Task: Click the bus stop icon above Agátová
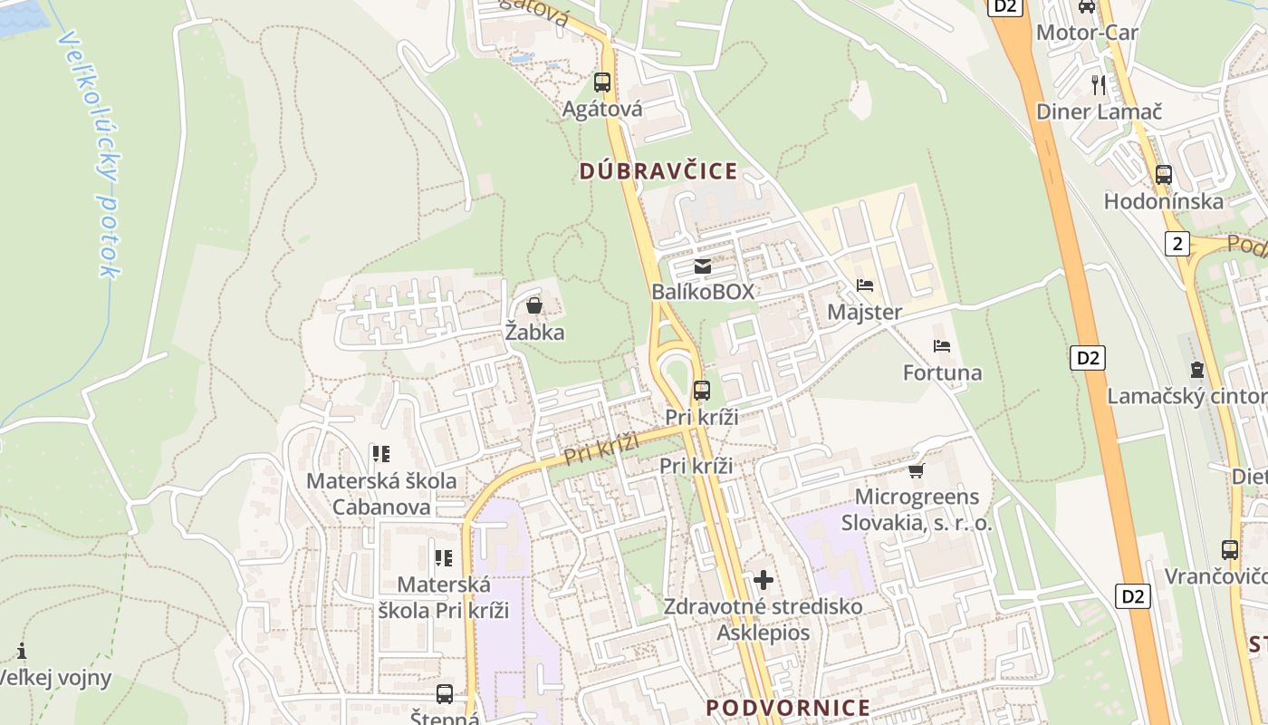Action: pos(602,82)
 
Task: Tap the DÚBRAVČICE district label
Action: pos(658,171)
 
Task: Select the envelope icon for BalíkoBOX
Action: pos(702,266)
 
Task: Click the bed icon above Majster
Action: pos(865,285)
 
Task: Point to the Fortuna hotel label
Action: pos(942,372)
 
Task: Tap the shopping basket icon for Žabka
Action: pos(534,305)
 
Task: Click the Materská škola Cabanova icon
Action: pos(381,453)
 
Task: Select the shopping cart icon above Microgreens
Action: pos(917,470)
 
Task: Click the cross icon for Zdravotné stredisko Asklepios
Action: pos(764,579)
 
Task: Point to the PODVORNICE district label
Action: pos(788,708)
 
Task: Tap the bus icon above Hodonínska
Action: pos(1164,175)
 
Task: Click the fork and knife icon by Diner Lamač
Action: pos(1099,85)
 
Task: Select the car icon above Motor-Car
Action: pos(1087,7)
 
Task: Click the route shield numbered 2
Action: pos(1177,243)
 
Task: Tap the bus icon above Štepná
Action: pos(445,694)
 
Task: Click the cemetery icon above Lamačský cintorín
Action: pos(1197,370)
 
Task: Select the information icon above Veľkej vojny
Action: pos(22,651)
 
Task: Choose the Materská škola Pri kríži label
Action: pos(443,597)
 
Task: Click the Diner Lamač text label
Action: pos(1099,111)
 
